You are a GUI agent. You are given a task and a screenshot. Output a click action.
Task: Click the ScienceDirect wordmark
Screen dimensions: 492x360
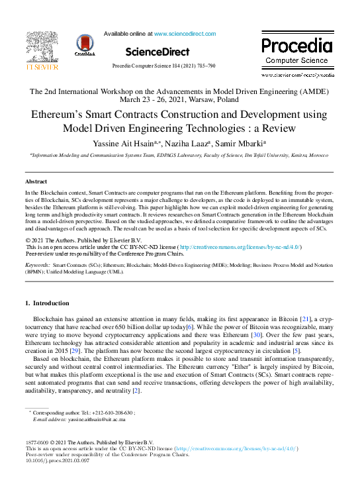coord(153,52)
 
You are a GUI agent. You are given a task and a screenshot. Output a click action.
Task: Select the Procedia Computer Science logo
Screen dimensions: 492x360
coord(296,51)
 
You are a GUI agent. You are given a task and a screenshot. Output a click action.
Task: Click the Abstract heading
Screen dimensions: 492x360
coord(36,181)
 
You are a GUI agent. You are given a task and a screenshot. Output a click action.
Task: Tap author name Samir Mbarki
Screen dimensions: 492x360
coord(242,143)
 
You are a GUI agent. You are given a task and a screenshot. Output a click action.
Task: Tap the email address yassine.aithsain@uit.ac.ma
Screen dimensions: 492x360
coord(93,420)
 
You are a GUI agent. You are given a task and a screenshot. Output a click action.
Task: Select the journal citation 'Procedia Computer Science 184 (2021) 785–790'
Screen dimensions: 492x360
coord(163,67)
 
